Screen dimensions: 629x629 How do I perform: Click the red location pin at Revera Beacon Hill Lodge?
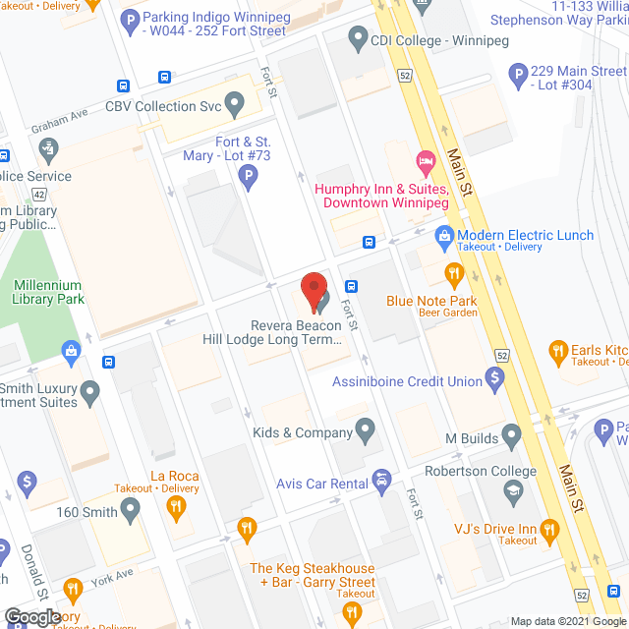(314, 290)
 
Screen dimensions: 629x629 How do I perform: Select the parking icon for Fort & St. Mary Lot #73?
(249, 178)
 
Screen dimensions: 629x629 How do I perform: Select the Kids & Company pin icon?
(366, 429)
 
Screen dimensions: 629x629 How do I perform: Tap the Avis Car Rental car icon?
(381, 482)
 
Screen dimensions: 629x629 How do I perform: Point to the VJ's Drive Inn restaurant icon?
(549, 530)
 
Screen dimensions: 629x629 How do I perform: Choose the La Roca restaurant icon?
(176, 507)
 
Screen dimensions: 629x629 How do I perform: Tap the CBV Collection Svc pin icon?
(234, 103)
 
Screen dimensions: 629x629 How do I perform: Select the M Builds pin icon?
(511, 434)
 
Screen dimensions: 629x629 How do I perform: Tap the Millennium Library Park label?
(47, 292)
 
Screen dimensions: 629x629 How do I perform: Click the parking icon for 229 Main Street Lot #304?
(518, 75)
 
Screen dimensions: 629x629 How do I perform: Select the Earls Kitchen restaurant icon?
(557, 350)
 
